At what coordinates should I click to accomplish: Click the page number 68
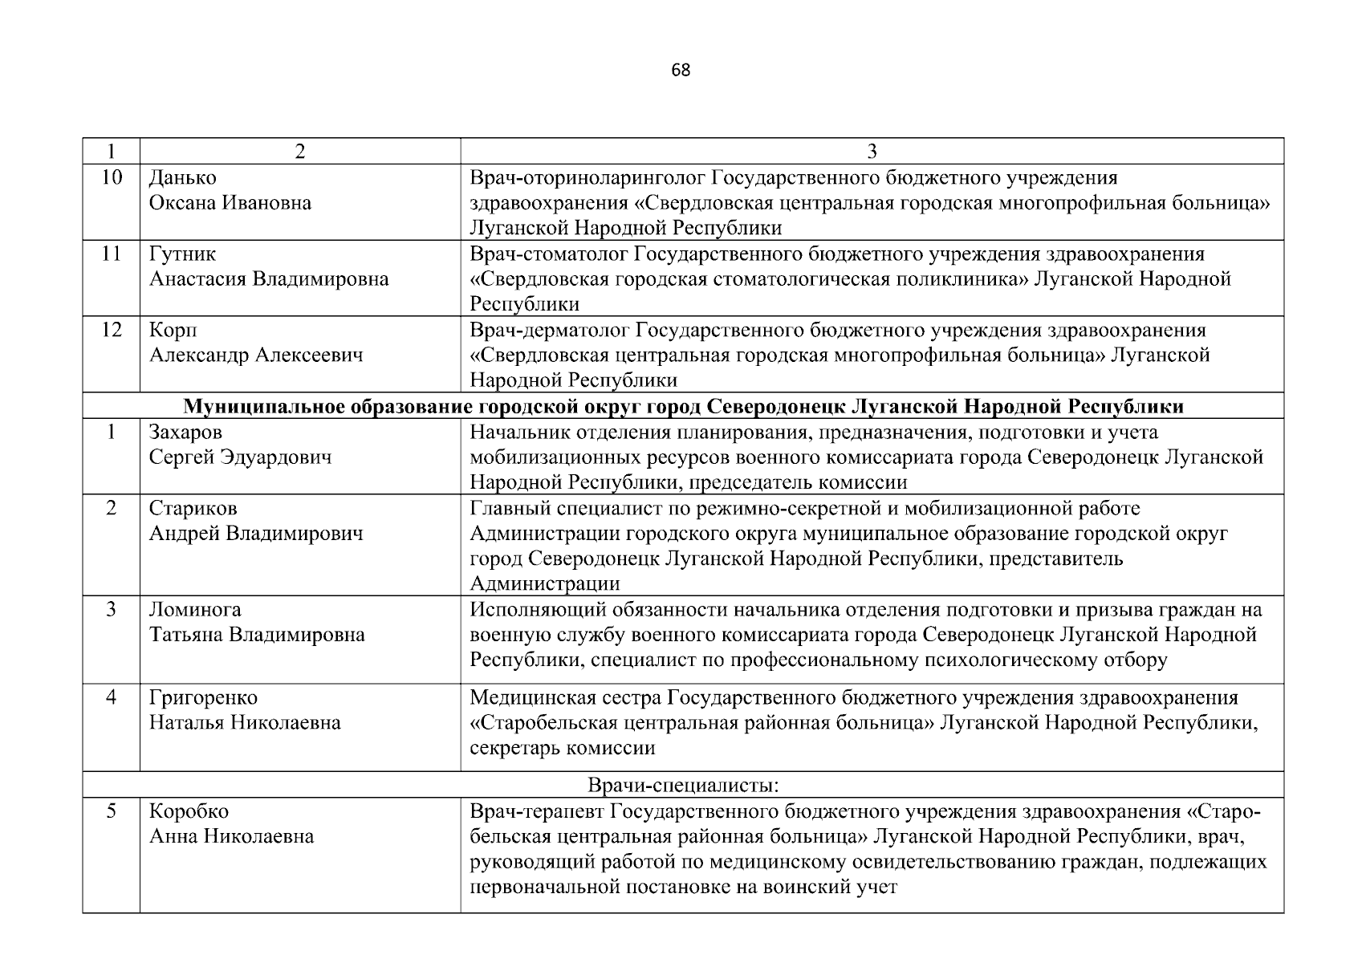pyautogui.click(x=680, y=70)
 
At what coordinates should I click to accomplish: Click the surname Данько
pyautogui.click(x=182, y=177)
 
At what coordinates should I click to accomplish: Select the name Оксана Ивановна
pyautogui.click(x=230, y=203)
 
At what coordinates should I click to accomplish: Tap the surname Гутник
pyautogui.click(x=182, y=254)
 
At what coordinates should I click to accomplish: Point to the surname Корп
pyautogui.click(x=173, y=331)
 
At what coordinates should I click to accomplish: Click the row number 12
pyautogui.click(x=112, y=330)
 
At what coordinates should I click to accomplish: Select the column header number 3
pyautogui.click(x=872, y=152)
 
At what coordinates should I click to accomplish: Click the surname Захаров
pyautogui.click(x=185, y=433)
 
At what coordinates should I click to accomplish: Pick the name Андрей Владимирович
pyautogui.click(x=256, y=534)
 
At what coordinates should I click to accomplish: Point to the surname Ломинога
pyautogui.click(x=195, y=610)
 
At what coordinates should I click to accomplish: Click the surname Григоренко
pyautogui.click(x=203, y=698)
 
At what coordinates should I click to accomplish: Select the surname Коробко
pyautogui.click(x=189, y=811)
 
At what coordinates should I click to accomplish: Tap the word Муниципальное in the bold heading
pyautogui.click(x=259, y=407)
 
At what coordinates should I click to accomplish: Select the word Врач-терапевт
pyautogui.click(x=531, y=811)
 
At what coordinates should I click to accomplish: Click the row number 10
pyautogui.click(x=112, y=177)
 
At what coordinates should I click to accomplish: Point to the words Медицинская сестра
pyautogui.click(x=566, y=698)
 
